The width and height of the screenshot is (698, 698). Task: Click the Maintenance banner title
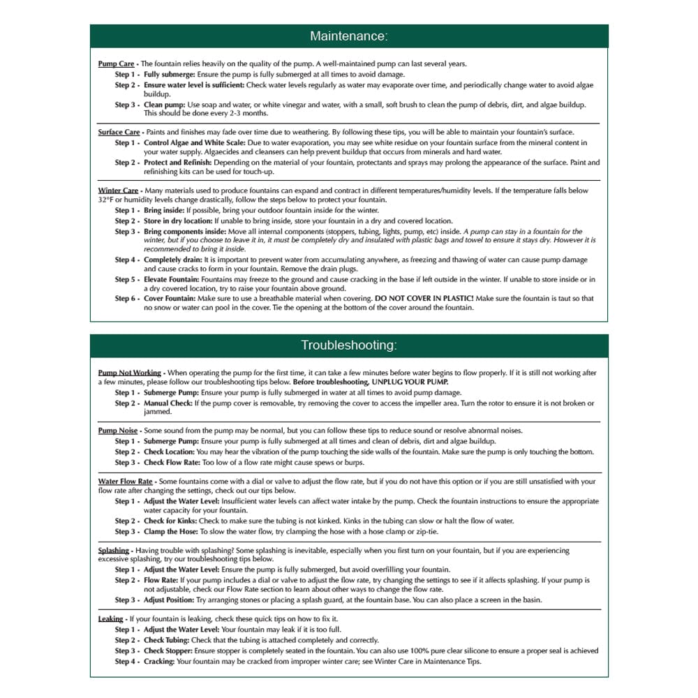tap(348, 36)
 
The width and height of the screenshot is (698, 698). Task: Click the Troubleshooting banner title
tap(348, 346)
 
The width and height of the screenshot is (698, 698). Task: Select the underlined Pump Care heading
tap(116, 64)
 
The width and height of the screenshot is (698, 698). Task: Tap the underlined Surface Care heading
tap(119, 132)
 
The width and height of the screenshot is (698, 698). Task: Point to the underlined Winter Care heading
tap(118, 191)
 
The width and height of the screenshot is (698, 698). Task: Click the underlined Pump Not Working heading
tap(129, 373)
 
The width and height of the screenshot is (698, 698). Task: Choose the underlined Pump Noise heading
tap(117, 431)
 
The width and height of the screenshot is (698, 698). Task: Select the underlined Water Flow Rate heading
tap(125, 482)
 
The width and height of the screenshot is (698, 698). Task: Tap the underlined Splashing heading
tap(113, 551)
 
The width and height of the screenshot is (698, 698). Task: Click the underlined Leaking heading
tap(110, 619)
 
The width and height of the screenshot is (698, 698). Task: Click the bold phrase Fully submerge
tap(170, 74)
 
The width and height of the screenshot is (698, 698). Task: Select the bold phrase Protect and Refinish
tap(177, 163)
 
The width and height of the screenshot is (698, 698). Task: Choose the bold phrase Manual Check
tap(168, 403)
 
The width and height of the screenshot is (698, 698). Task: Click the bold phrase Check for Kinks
tap(170, 521)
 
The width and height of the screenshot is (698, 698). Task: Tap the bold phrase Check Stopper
tap(168, 651)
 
